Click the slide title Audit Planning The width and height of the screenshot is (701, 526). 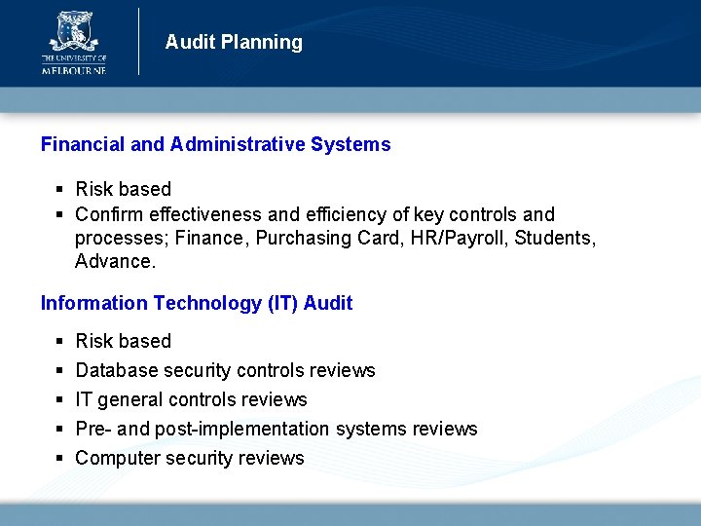coord(234,42)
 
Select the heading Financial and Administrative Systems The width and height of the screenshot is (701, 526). coord(215,145)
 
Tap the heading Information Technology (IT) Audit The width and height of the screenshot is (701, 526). coord(196,303)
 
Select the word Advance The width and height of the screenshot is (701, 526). coord(115,262)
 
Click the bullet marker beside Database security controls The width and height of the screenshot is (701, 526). coord(60,371)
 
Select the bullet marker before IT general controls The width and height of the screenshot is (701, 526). coord(60,400)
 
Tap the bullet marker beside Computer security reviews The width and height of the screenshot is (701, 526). coord(60,459)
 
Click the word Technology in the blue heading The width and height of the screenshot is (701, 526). coord(206,303)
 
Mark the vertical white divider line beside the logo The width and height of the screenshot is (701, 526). coord(139,41)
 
